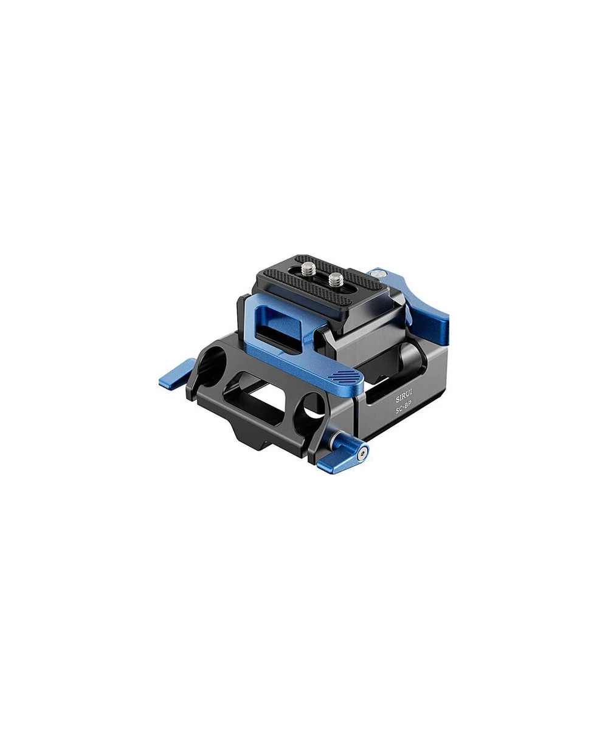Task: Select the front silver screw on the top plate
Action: [x=336, y=278]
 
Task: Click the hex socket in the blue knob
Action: [x=363, y=454]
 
